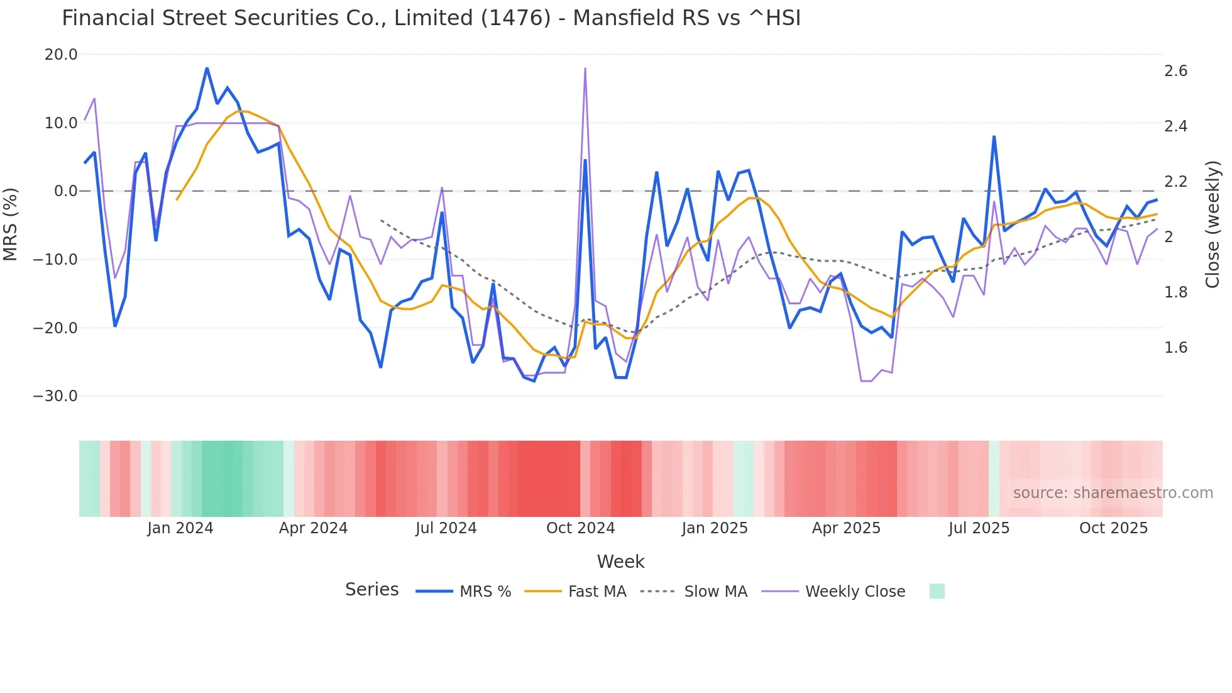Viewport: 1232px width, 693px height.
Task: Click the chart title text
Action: coord(431,18)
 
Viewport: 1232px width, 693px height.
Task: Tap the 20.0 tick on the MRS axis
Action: coord(61,55)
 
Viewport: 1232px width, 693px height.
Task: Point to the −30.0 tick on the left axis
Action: coord(55,396)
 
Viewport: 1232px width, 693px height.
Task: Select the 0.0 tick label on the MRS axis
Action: coord(65,191)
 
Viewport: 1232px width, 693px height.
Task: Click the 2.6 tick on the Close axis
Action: coord(1175,71)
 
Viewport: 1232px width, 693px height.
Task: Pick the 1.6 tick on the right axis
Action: coord(1175,348)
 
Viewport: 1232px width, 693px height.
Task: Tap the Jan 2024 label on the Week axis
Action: coord(180,528)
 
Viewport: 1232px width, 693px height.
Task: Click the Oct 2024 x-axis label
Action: coord(580,528)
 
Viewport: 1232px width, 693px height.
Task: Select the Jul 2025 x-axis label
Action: coord(979,528)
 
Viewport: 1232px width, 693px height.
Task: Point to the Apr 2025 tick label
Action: coord(846,528)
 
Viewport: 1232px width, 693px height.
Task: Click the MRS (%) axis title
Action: coord(11,225)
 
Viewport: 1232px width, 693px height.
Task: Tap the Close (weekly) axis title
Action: coord(1213,225)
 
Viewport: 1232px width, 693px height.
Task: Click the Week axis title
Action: coord(620,562)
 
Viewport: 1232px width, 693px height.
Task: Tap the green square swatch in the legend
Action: coord(937,591)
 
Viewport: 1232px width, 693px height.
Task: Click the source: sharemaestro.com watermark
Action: coord(1113,493)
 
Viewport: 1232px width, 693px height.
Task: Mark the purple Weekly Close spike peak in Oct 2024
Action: coord(585,69)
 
